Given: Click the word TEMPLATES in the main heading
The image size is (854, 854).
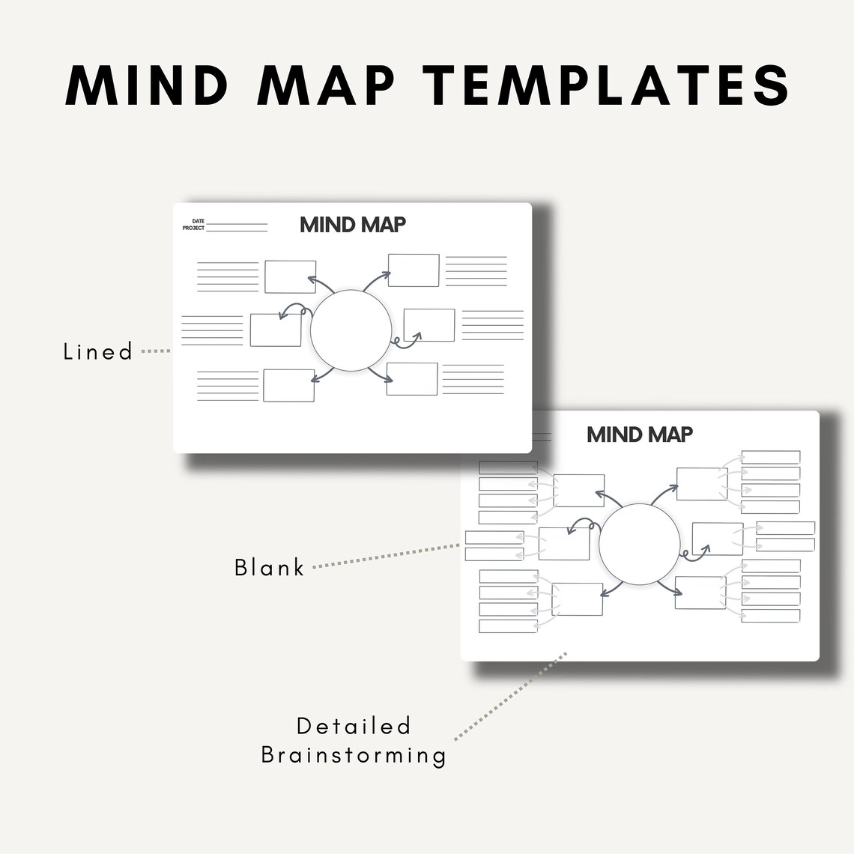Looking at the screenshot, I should tap(611, 85).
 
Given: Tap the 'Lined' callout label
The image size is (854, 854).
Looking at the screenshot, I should tap(98, 351).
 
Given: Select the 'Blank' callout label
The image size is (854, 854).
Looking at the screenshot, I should tap(270, 567).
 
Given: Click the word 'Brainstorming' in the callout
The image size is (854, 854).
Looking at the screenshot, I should tap(354, 754).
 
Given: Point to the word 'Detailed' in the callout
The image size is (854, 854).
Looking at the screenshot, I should tap(354, 725).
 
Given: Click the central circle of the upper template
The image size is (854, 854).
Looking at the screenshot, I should tap(351, 329).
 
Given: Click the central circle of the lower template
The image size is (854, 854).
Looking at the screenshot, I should tap(640, 544).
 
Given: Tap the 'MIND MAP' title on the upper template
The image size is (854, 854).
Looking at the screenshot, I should tap(353, 224).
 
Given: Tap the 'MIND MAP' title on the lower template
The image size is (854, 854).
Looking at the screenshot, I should tap(640, 434).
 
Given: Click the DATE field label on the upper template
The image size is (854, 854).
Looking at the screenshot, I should tap(198, 222).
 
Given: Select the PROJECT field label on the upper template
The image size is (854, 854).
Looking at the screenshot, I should tap(193, 228).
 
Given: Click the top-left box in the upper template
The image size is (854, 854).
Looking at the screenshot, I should tap(290, 276).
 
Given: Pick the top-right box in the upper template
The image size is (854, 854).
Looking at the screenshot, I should tap(414, 270).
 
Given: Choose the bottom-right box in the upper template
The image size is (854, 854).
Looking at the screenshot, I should tap(412, 379).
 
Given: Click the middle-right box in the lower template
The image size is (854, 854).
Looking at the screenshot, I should tap(718, 539).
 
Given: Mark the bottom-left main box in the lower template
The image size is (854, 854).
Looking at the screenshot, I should tap(578, 599).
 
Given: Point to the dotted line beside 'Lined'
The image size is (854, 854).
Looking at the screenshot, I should tap(156, 351).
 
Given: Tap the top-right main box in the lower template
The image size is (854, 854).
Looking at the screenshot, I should tap(702, 483).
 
